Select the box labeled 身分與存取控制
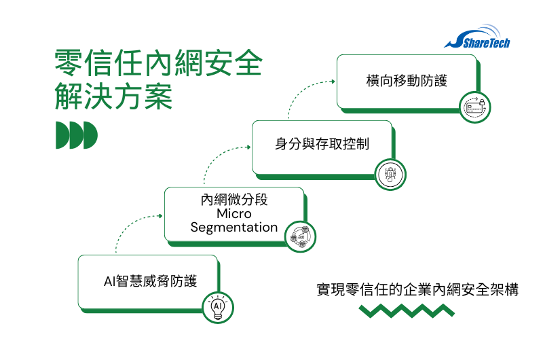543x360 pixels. tap(322, 145)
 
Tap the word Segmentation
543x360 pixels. tap(234, 227)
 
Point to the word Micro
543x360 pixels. tap(234, 214)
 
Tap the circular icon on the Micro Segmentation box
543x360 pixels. tap(301, 236)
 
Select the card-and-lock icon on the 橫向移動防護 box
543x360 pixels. tap(475, 107)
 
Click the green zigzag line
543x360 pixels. tap(407, 311)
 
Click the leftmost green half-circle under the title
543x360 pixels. tap(63, 136)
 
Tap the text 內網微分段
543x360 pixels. tap(234, 200)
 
